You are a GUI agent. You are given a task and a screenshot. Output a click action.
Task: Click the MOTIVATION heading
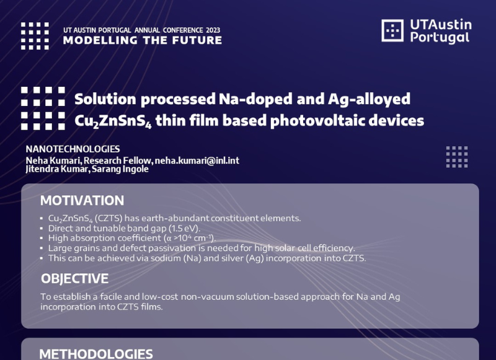pos(82,201)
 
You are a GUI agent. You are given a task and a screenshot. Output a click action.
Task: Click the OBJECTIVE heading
pos(74,279)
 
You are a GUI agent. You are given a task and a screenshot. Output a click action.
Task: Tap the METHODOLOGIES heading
pos(96,354)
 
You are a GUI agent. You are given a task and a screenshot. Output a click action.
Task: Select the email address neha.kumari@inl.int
pos(197,160)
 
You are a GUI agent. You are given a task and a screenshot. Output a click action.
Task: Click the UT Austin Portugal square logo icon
pos(392,30)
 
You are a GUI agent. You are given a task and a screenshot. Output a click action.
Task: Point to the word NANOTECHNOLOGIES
pos(73,149)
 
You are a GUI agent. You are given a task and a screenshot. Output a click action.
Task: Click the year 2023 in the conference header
pos(213,30)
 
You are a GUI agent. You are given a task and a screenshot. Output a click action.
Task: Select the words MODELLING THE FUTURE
pos(143,40)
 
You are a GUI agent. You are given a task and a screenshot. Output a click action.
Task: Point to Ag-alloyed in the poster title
pos(369,99)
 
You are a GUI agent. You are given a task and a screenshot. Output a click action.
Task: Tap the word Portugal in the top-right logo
pos(440,38)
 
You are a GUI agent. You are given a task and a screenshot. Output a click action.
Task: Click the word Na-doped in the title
pos(255,99)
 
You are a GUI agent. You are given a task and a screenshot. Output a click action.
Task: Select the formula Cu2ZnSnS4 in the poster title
pos(113,121)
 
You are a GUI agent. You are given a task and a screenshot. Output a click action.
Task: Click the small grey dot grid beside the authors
pos(457,157)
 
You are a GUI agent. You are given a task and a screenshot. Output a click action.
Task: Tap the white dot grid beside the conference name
pos(35,36)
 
